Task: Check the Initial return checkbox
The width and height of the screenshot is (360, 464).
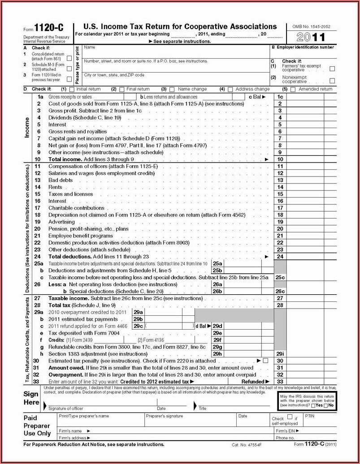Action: (x=71, y=89)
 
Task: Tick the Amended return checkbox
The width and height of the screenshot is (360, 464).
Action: (x=293, y=89)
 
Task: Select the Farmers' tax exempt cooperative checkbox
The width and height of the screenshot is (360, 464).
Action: (x=332, y=69)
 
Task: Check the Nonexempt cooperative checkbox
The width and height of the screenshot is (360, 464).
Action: (x=332, y=81)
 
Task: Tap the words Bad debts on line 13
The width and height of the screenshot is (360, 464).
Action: (x=61, y=180)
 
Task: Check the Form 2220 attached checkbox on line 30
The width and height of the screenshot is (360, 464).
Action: (x=265, y=361)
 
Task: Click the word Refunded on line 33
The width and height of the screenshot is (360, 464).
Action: (x=253, y=382)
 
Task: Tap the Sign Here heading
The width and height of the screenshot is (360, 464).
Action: (x=31, y=398)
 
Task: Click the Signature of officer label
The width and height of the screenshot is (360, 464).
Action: (x=66, y=408)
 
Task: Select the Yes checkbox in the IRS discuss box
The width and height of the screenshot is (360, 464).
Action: (x=314, y=405)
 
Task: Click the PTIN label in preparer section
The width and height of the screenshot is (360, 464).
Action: (x=310, y=416)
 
